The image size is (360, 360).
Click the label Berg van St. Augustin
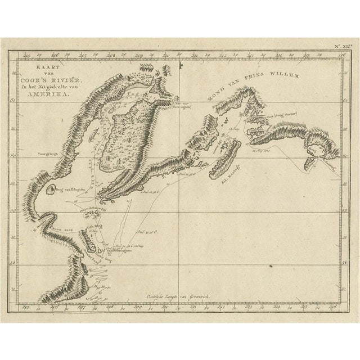(x=73, y=192)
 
